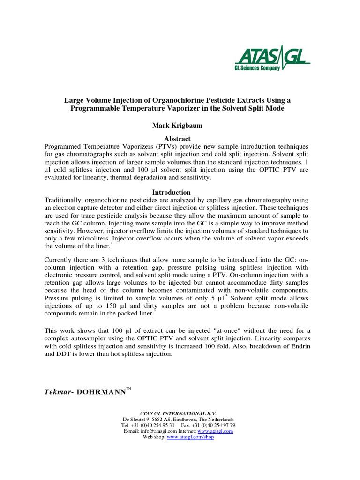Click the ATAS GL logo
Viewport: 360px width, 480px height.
(272, 57)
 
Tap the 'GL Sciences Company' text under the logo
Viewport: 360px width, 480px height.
(257, 68)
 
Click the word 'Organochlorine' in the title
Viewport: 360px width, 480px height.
(164, 100)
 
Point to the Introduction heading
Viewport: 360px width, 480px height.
(172, 192)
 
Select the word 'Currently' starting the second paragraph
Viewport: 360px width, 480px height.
(60, 260)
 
